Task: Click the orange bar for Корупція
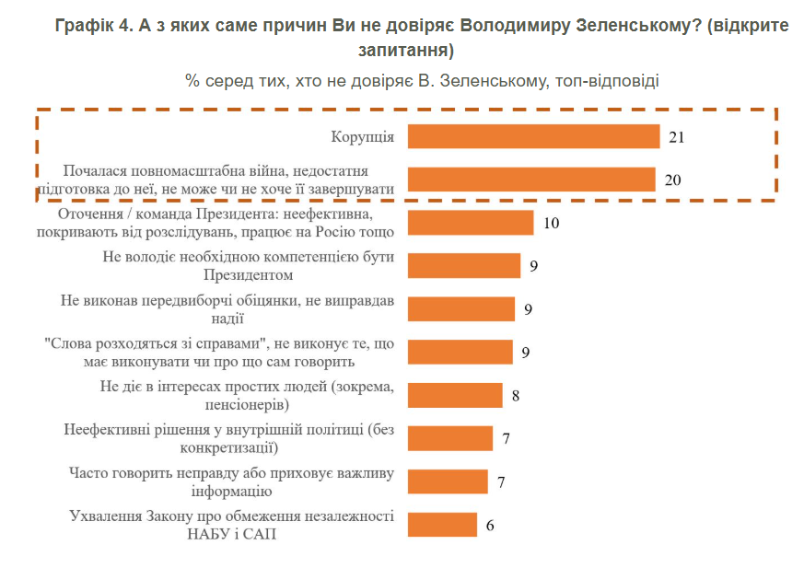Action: tap(533, 136)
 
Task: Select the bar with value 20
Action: tap(530, 180)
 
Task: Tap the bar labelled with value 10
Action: tap(470, 223)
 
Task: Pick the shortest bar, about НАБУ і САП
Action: tap(442, 525)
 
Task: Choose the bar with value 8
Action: tap(454, 395)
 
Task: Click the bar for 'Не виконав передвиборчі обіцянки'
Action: tap(460, 308)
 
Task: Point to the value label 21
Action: tap(677, 137)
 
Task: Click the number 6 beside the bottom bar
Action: tap(490, 526)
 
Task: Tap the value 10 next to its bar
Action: tap(551, 223)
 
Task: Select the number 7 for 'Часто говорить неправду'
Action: tap(501, 482)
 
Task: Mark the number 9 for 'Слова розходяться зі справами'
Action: tap(527, 352)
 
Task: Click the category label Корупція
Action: tap(363, 137)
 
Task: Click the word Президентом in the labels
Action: tap(248, 274)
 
